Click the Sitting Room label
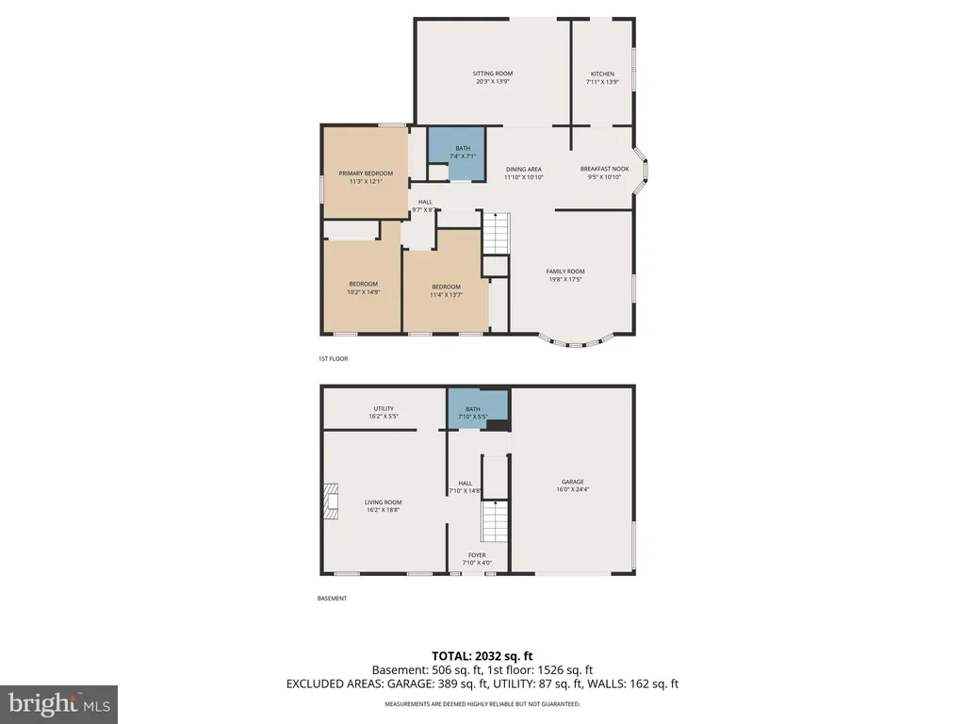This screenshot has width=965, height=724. click(492, 74)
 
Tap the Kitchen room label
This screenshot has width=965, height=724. click(602, 74)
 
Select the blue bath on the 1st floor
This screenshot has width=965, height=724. click(457, 154)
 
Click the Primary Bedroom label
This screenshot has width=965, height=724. click(366, 173)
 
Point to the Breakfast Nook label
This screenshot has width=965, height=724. click(604, 169)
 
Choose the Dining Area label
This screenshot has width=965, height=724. click(524, 170)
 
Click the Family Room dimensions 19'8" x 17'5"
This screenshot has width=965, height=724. click(565, 279)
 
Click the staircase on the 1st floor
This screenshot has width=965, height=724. click(496, 234)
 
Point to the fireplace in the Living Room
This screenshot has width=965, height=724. click(331, 502)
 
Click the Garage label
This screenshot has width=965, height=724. click(572, 482)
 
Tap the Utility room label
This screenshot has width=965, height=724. click(384, 409)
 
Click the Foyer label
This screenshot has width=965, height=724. click(477, 555)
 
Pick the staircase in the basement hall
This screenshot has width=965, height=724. click(495, 520)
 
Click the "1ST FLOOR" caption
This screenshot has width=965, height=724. click(333, 359)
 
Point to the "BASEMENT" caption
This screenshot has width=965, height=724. click(332, 599)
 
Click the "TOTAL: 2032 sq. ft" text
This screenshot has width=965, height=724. click(482, 656)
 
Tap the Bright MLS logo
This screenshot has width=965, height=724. click(58, 704)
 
